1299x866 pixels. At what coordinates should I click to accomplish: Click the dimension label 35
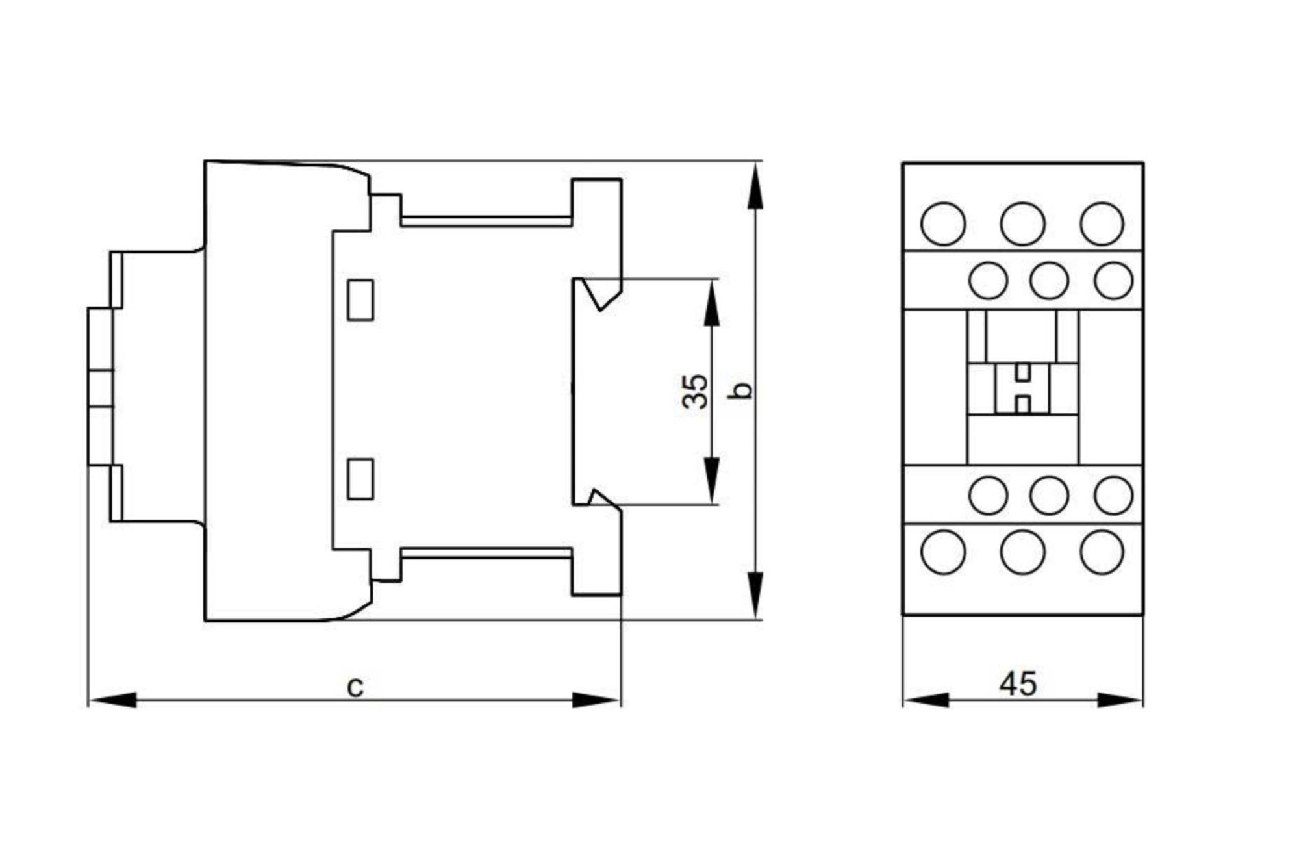696,390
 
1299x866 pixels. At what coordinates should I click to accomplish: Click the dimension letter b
741,390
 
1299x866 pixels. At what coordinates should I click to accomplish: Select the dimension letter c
355,687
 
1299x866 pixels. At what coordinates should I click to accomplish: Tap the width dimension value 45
1018,683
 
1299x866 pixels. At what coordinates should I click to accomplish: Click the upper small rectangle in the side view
360,299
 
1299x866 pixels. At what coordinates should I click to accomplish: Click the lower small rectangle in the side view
360,479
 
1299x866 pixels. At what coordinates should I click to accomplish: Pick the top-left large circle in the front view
943,223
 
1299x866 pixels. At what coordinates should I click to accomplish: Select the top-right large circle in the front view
1102,223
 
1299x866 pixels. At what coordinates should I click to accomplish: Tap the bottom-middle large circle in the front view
1023,552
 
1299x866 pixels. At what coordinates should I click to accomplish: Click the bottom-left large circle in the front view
943,552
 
